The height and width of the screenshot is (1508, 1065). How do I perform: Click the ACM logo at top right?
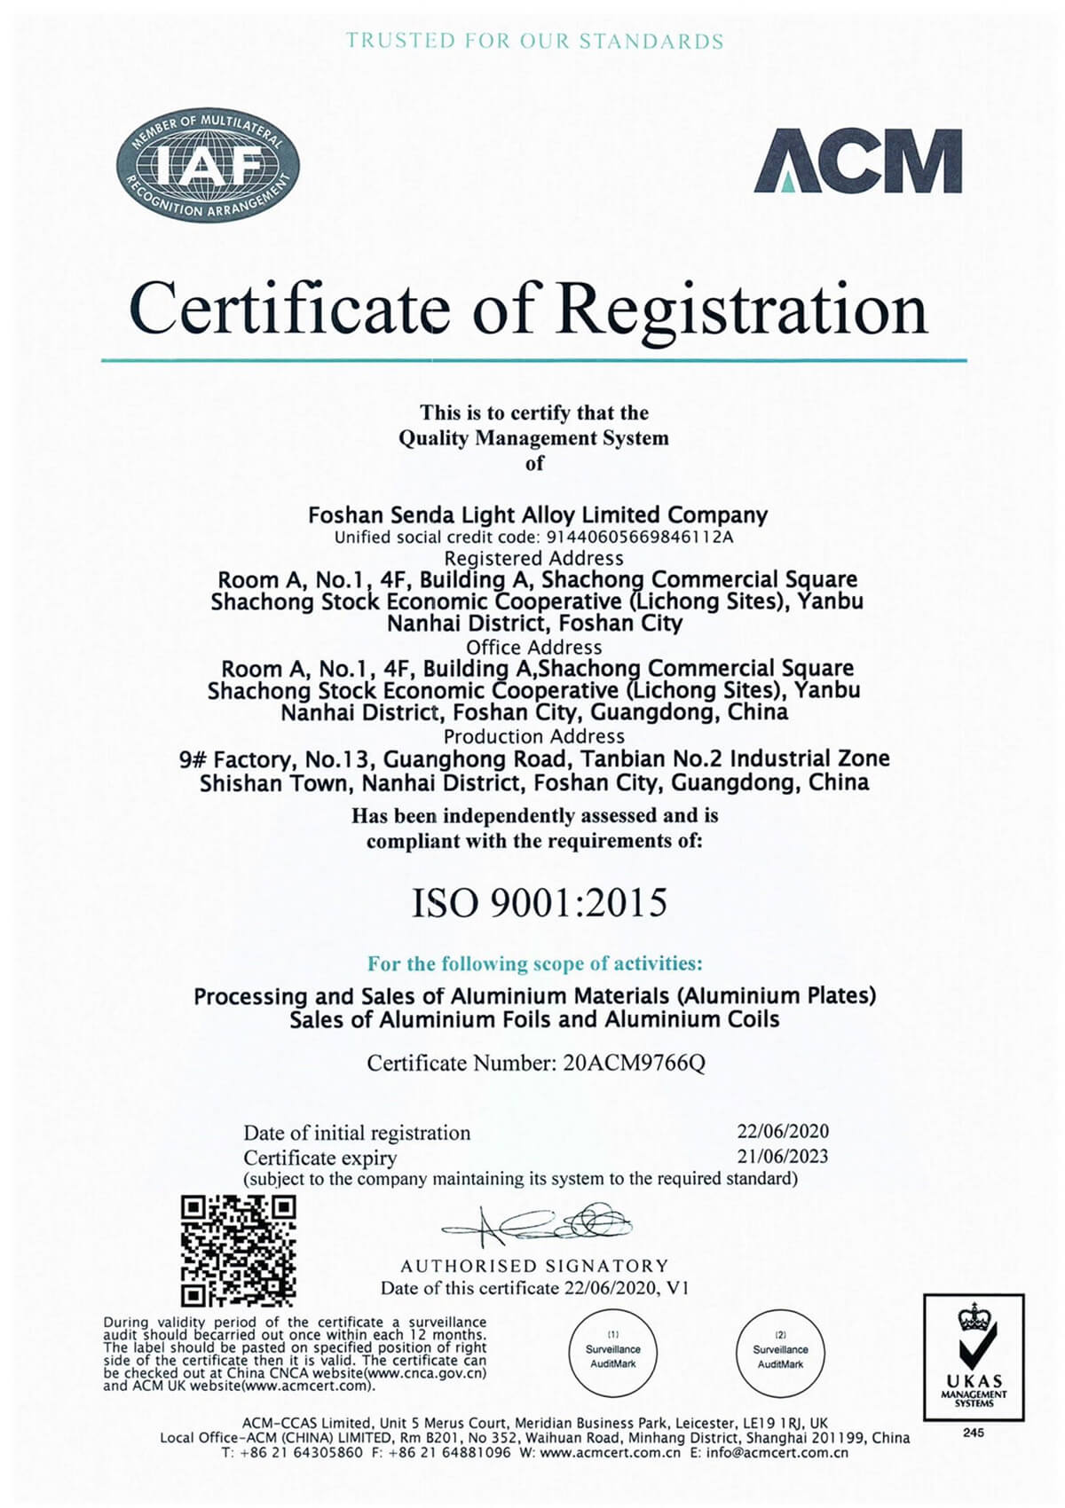point(857,161)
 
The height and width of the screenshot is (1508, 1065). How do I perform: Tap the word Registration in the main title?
point(741,308)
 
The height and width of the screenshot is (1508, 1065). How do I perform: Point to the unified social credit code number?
point(635,538)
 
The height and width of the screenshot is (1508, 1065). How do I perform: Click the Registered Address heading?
point(533,559)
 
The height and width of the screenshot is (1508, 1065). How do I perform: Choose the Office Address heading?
point(533,648)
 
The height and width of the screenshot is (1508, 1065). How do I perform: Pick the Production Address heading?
point(533,736)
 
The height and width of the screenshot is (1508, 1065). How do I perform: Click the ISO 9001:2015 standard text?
point(539,903)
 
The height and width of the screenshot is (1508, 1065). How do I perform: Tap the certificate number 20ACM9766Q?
point(634,1063)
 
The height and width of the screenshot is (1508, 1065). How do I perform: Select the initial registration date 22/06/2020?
point(782,1132)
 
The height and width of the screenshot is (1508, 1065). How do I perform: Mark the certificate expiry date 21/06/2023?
point(782,1156)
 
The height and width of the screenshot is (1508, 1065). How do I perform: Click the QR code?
point(238,1251)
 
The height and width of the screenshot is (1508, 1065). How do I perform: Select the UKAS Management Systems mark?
point(974,1357)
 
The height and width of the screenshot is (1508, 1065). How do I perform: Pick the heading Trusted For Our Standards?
point(534,41)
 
